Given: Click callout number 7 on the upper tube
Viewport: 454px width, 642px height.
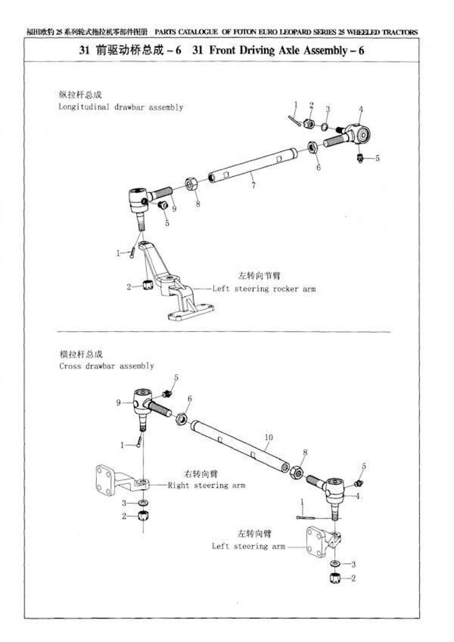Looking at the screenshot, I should (253, 185).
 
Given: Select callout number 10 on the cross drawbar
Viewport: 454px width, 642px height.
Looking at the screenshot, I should (269, 437).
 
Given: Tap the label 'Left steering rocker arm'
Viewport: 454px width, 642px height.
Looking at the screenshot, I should (263, 289).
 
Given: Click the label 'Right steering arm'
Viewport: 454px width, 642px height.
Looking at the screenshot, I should (207, 485).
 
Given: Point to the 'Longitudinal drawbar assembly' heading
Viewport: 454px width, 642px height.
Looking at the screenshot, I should (121, 107).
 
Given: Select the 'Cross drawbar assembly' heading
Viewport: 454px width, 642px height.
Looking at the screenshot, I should (106, 366).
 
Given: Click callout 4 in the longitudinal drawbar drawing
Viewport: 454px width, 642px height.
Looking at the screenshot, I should (361, 109).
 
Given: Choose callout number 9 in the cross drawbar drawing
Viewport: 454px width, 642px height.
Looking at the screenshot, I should (118, 403).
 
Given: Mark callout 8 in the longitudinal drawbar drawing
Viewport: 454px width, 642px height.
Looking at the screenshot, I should (198, 205).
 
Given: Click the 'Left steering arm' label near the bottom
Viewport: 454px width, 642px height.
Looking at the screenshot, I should (248, 546).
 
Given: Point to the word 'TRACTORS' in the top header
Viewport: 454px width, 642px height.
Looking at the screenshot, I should (400, 32).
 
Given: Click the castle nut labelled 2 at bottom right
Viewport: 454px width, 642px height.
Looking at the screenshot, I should (334, 578).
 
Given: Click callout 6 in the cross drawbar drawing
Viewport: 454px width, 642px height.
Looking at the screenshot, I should (190, 399).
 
